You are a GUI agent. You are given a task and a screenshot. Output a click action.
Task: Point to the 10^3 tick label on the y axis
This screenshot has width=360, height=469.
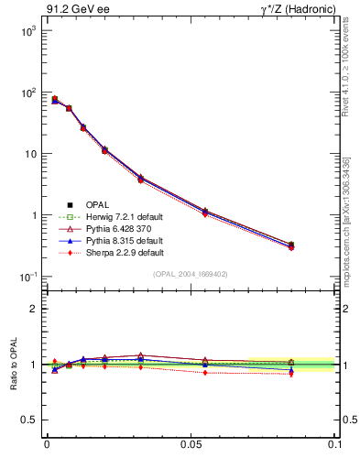[x=27, y=31]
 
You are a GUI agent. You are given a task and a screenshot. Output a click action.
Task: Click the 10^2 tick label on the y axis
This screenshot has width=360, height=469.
[x=27, y=93]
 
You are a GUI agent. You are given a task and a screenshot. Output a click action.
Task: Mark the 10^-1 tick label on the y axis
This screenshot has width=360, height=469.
[x=27, y=277]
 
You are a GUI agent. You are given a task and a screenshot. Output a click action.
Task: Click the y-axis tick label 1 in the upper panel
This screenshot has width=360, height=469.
[x=34, y=215]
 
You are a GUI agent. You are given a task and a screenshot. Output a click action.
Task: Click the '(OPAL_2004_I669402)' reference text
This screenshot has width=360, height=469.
[x=190, y=274]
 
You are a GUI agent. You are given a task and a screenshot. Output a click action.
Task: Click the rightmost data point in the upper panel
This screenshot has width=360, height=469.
[x=291, y=245]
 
